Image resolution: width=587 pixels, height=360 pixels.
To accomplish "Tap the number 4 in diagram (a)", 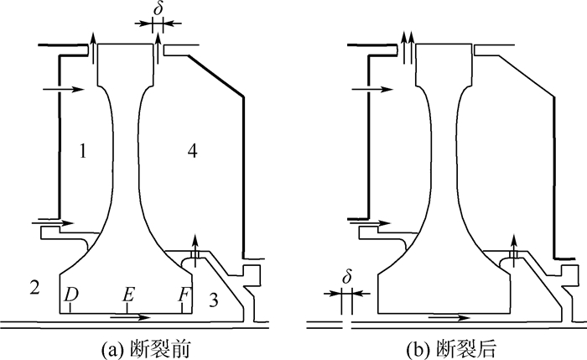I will pos(193,152).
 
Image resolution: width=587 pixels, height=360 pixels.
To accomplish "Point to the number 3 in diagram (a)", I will pos(215,300).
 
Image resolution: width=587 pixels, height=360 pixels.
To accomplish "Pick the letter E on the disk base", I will pos(127,295).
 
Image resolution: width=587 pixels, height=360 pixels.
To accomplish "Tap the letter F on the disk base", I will pos(184,295).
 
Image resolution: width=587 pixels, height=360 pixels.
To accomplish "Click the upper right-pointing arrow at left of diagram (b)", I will pos(370,87).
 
